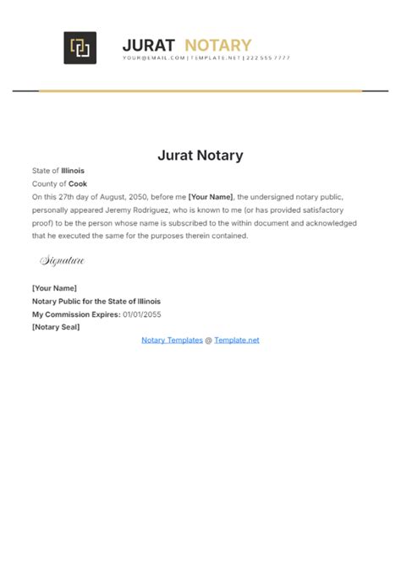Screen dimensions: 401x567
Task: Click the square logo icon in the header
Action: (x=80, y=47)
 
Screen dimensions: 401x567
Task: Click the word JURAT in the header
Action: (x=148, y=45)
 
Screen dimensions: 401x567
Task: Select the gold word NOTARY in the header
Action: (x=217, y=45)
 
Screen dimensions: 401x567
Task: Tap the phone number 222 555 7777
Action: (x=268, y=58)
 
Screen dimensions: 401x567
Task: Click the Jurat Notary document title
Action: (x=200, y=155)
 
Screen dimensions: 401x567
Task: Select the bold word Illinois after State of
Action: (x=73, y=171)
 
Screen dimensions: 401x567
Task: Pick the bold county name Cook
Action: (x=78, y=183)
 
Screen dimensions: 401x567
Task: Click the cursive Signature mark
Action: (x=62, y=261)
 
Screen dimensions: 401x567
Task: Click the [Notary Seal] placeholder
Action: (x=56, y=327)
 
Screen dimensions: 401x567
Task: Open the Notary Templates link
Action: (x=172, y=340)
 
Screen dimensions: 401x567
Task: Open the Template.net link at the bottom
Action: (x=237, y=340)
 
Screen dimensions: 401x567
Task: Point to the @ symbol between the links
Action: (x=208, y=340)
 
